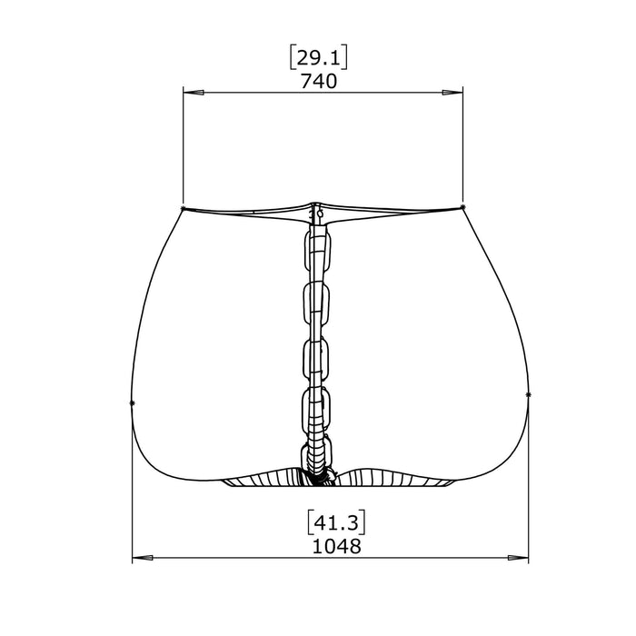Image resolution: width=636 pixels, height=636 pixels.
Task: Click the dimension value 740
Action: tap(318, 82)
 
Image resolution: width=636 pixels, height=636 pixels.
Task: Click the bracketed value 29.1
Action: tap(318, 58)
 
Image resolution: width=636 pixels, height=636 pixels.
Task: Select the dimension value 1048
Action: tap(336, 546)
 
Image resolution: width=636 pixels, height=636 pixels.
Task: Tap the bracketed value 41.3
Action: tap(336, 523)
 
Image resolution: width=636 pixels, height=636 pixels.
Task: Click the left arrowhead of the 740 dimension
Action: tap(193, 93)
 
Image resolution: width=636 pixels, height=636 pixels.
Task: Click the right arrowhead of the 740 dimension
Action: tap(452, 93)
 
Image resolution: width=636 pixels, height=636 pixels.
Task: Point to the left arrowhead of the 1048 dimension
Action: tap(143, 558)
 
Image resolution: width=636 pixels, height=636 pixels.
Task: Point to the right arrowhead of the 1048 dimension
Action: tap(518, 558)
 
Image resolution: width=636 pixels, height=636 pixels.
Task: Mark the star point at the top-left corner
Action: tap(183, 208)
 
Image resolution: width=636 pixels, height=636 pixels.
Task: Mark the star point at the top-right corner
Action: tap(463, 207)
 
